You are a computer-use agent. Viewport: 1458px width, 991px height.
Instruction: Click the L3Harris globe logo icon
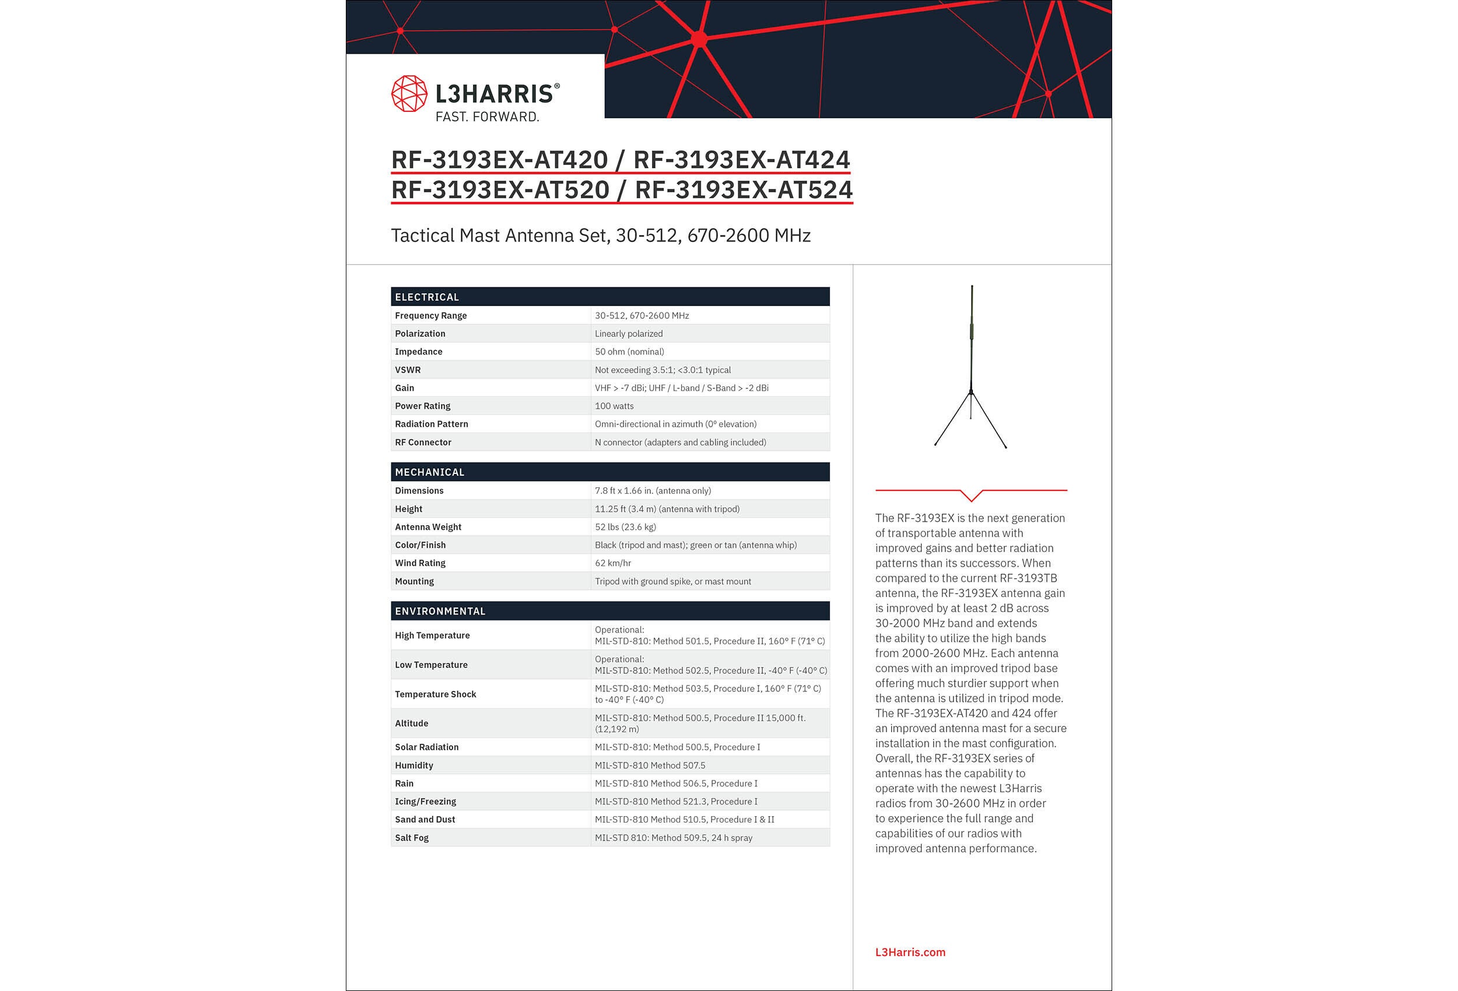pyautogui.click(x=409, y=93)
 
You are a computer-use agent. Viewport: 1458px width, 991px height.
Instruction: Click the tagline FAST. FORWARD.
pyautogui.click(x=487, y=117)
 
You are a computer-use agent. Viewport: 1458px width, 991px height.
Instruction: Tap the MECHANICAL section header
pyautogui.click(x=429, y=472)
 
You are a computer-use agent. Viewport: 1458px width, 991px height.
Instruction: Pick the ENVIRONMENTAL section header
pyautogui.click(x=440, y=611)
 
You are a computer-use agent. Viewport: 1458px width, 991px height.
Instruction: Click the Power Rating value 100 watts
pyautogui.click(x=614, y=406)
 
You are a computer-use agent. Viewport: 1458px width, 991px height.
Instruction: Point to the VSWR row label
pyautogui.click(x=408, y=370)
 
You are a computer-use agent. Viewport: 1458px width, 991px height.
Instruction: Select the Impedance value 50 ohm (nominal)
pyautogui.click(x=629, y=352)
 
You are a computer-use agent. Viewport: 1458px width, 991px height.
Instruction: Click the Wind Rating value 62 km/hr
pyautogui.click(x=612, y=563)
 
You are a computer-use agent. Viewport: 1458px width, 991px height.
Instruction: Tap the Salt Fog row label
pyautogui.click(x=412, y=838)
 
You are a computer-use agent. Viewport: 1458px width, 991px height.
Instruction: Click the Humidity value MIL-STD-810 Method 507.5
pyautogui.click(x=649, y=765)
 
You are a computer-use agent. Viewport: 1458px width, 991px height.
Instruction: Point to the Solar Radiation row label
pyautogui.click(x=426, y=747)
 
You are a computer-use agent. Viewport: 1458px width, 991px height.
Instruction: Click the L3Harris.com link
pyautogui.click(x=910, y=952)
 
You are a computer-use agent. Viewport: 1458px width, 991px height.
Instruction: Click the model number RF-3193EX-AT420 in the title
pyautogui.click(x=499, y=159)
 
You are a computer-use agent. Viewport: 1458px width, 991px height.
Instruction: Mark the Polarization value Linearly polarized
pyautogui.click(x=628, y=333)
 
